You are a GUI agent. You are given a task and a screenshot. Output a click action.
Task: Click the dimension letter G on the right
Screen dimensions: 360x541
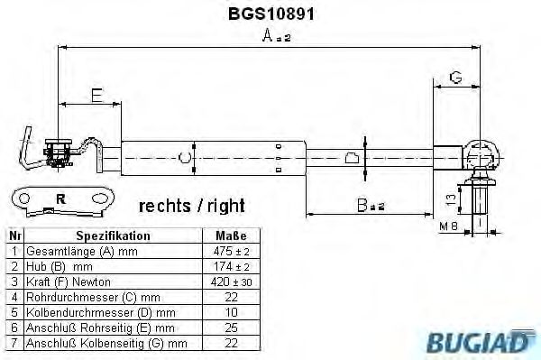[456, 78]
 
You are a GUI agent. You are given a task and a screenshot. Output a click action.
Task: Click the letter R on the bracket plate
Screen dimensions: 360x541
[60, 198]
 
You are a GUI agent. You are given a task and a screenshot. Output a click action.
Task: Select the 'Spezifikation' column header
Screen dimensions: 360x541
[113, 235]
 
